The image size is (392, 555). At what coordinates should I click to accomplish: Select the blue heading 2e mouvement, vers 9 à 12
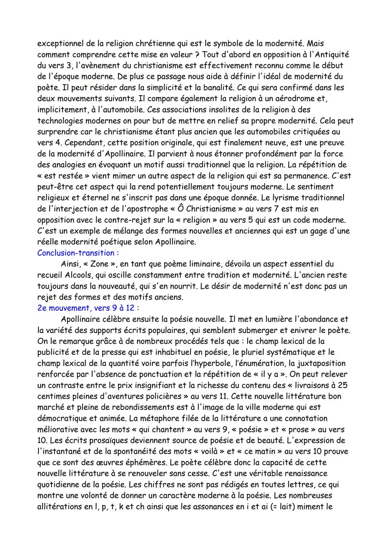[x=88, y=308]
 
